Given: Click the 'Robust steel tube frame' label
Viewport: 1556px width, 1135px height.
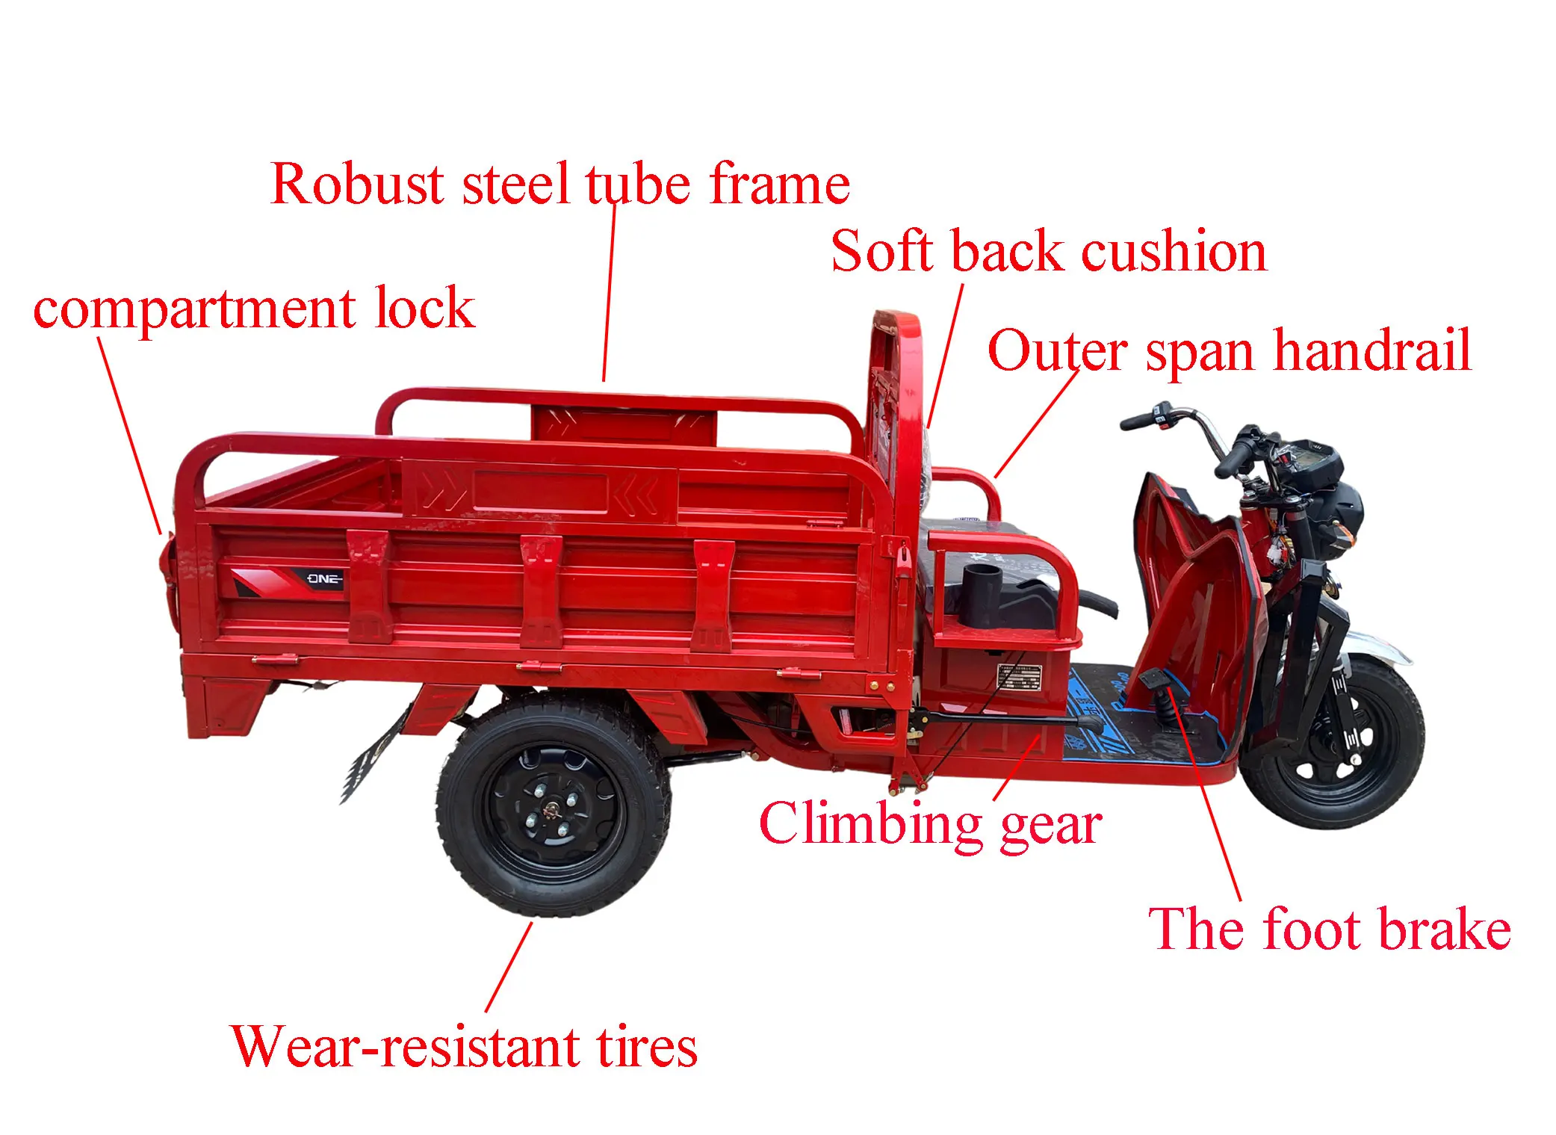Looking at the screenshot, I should pos(560,184).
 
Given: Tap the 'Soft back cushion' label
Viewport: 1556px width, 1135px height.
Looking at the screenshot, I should pos(1049,251).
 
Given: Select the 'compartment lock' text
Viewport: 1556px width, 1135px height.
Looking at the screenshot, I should pos(254,308).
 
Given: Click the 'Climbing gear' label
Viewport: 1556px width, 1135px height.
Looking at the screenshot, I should pos(930,823).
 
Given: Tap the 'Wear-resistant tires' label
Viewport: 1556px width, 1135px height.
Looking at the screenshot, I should pos(464,1046).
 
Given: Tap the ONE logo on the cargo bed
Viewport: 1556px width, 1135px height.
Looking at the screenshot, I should pos(324,579).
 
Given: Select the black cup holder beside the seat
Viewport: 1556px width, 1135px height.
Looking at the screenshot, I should pos(981,594).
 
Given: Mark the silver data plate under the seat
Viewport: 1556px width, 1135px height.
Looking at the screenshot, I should pos(1020,677).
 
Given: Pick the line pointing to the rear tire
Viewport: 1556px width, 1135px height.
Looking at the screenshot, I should pos(509,967).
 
